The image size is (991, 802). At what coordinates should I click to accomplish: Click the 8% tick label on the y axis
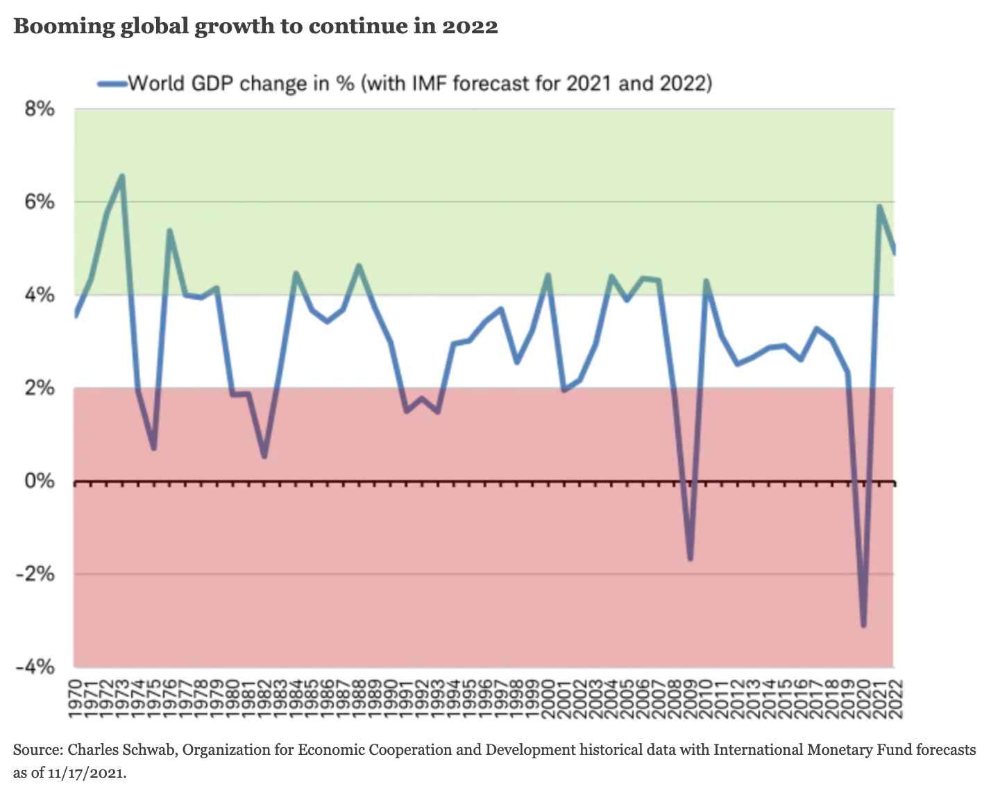[40, 110]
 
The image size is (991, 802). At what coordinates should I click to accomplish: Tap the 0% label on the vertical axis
[40, 481]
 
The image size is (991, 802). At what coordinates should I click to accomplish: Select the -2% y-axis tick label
[38, 574]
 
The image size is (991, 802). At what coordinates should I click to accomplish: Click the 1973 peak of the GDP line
[122, 176]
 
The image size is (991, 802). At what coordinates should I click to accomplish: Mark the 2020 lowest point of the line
[863, 625]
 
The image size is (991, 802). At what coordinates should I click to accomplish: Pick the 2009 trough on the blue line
[690, 558]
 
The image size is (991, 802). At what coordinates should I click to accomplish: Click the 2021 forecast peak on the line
[879, 207]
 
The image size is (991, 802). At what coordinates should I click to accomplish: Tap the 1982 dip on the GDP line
[264, 456]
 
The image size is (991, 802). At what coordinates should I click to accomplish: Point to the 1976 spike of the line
[169, 231]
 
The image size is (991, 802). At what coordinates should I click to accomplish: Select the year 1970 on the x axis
[75, 698]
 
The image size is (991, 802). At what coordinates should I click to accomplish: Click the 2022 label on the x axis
[895, 698]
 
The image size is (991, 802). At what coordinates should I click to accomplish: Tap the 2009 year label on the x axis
[690, 698]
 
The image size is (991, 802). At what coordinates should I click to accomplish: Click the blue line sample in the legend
[112, 84]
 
